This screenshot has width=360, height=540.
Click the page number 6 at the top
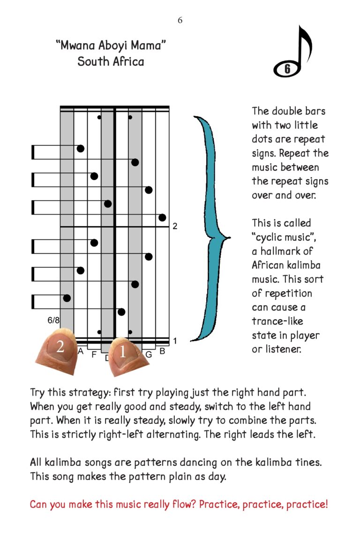[180, 20]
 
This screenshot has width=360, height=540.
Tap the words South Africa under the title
[111, 61]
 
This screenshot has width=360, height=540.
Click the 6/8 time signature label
[54, 321]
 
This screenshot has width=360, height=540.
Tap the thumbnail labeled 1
[123, 354]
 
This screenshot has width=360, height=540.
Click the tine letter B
[162, 350]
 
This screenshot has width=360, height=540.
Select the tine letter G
[149, 354]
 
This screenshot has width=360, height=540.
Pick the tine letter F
[94, 355]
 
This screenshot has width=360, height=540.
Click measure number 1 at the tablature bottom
[175, 341]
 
